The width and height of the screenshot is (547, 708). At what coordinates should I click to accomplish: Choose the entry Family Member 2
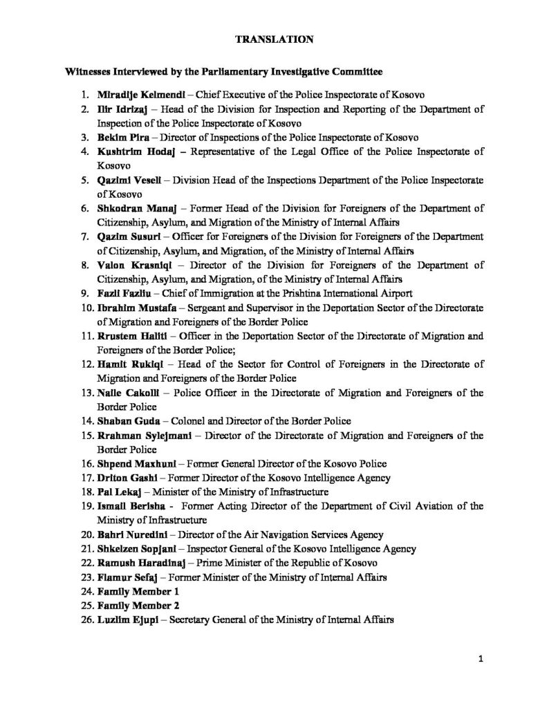coord(139,606)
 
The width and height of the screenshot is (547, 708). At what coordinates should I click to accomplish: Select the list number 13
coord(87,393)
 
